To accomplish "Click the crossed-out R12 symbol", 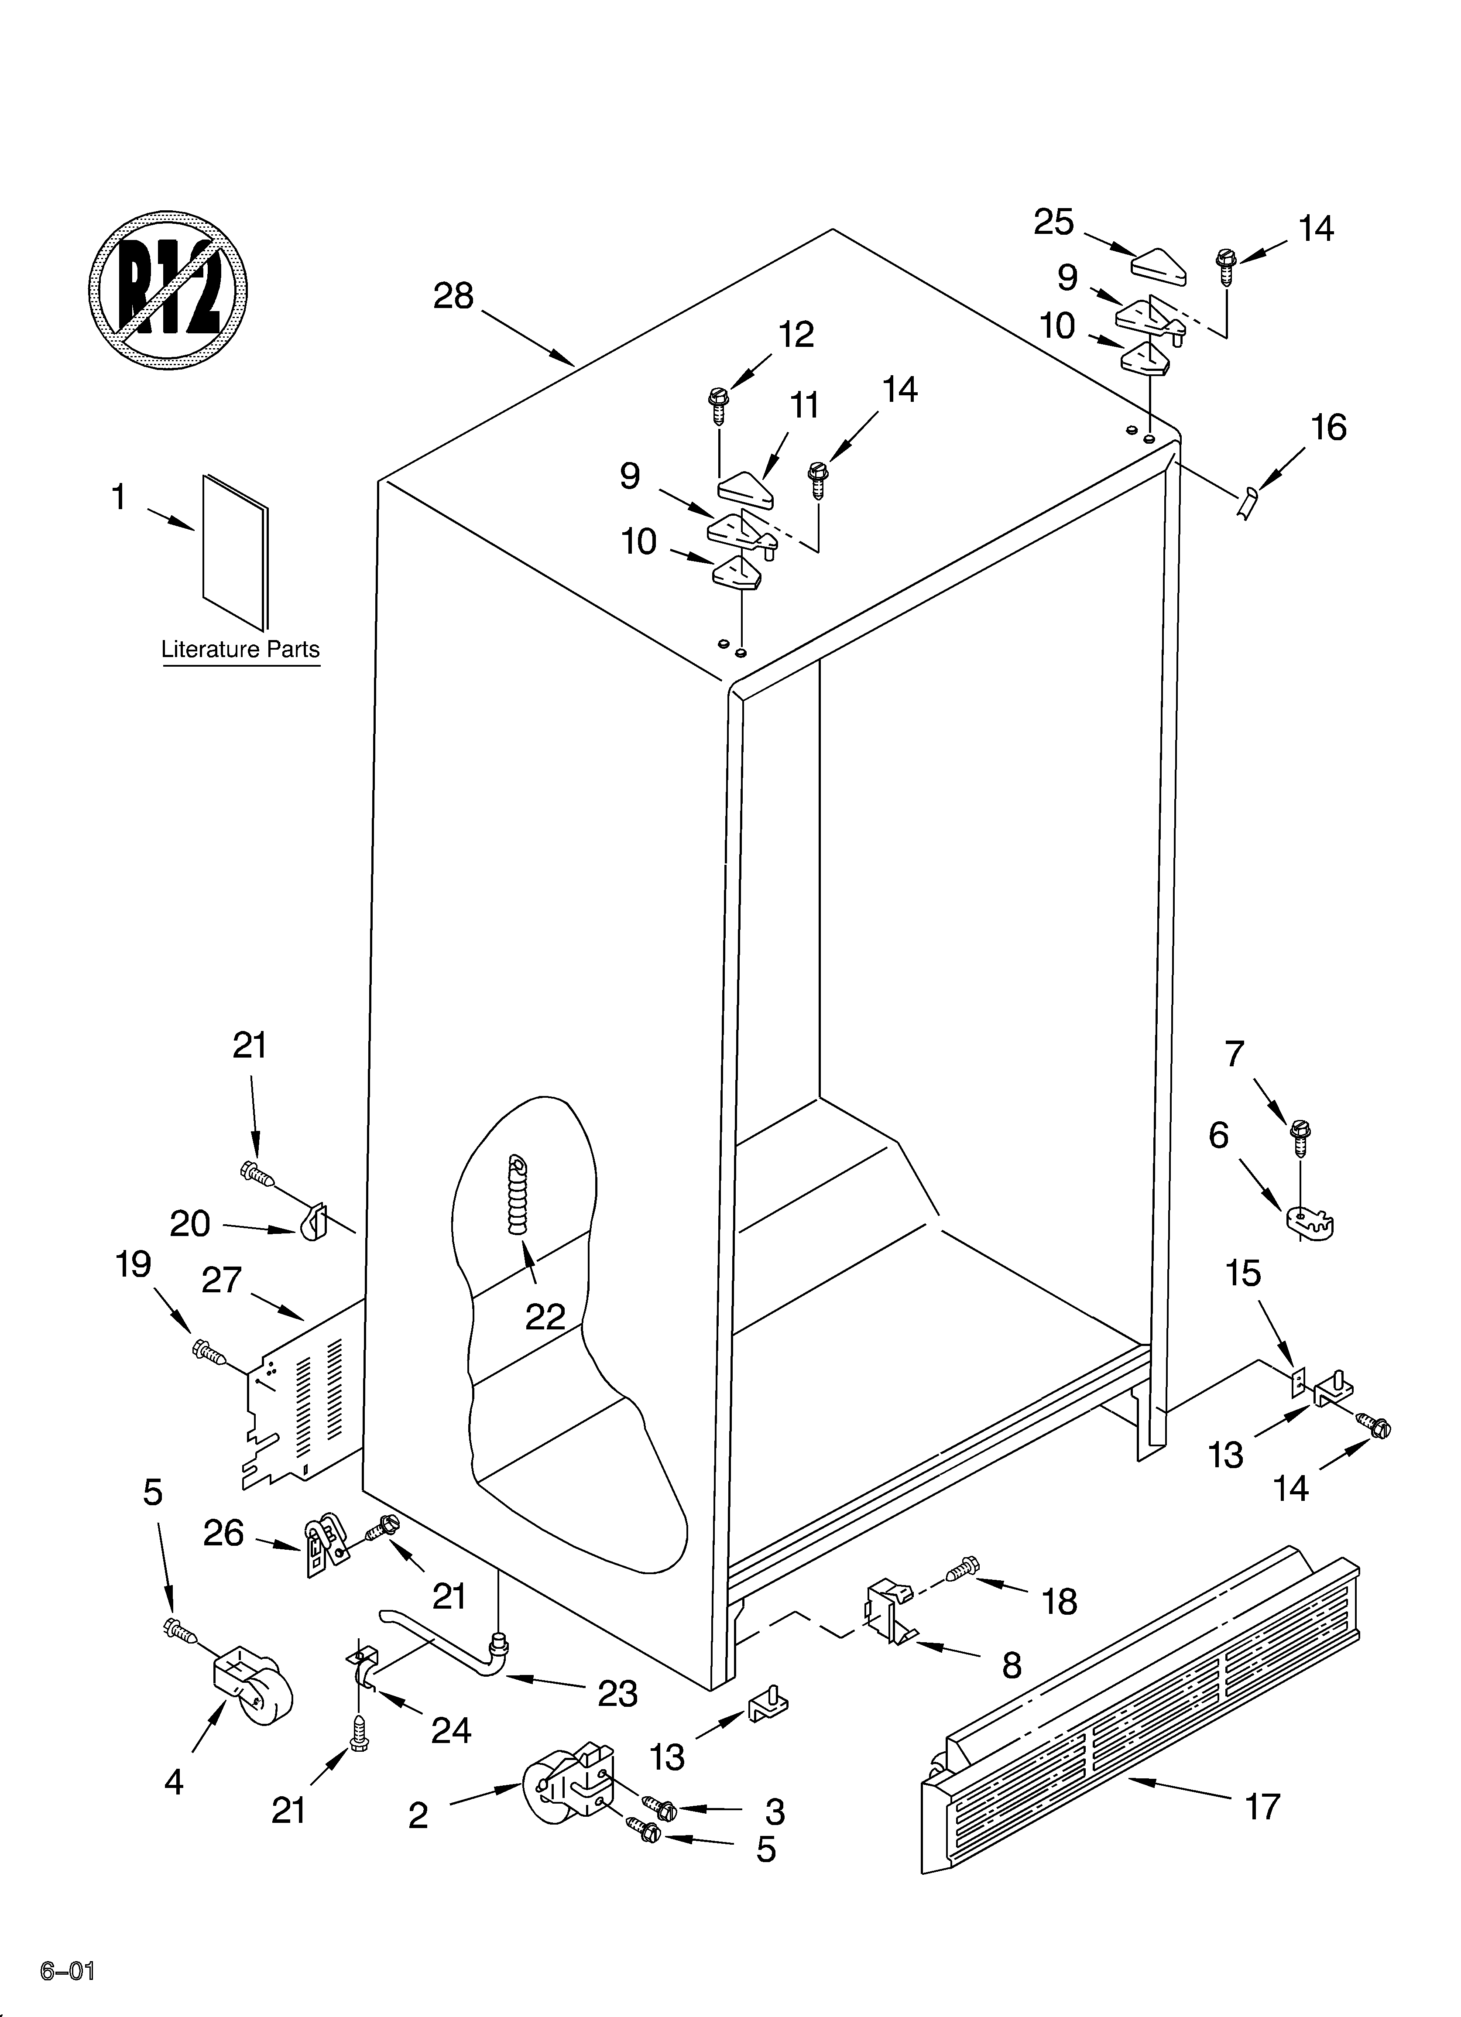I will pyautogui.click(x=168, y=289).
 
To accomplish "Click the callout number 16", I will pyautogui.click(x=1328, y=428).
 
